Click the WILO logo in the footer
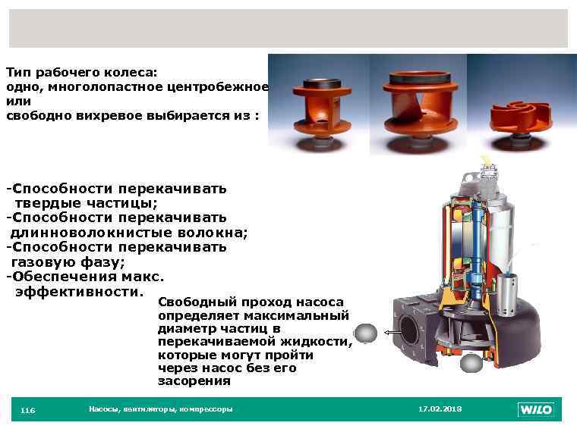click(x=536, y=410)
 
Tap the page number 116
click(x=27, y=411)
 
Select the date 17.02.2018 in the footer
click(x=440, y=409)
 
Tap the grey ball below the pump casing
click(x=471, y=365)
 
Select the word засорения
click(x=194, y=382)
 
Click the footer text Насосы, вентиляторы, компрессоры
click(x=161, y=409)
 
